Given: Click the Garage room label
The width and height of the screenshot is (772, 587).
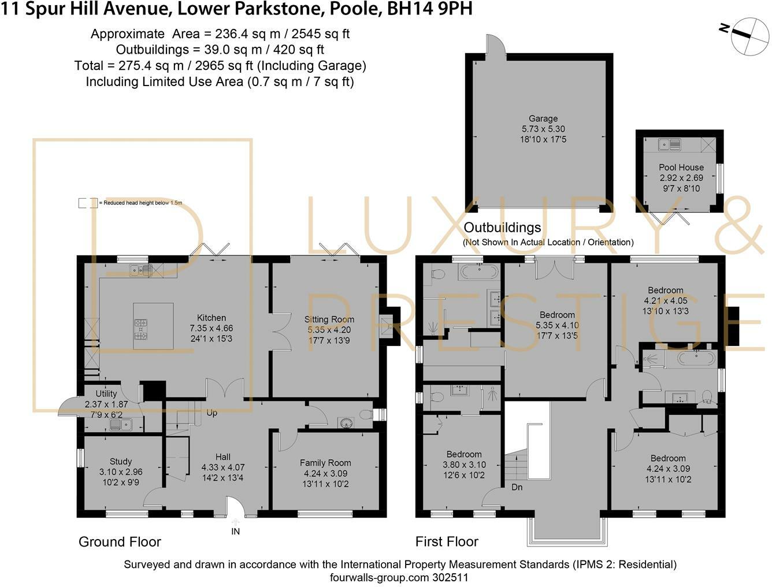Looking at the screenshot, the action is [543, 118].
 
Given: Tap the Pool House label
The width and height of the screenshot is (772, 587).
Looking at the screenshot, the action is [681, 168].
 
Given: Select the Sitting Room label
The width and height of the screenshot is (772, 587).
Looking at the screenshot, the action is [329, 319].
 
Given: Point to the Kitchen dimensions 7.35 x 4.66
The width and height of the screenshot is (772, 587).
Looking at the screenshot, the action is [211, 328].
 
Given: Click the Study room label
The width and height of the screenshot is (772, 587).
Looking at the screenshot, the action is [121, 462].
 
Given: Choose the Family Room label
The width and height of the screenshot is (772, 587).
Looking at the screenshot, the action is [325, 463].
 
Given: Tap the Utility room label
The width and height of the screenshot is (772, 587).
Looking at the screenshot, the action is [106, 393].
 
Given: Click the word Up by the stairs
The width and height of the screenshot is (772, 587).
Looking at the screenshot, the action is [211, 413].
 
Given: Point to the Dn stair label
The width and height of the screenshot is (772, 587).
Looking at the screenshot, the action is [517, 487].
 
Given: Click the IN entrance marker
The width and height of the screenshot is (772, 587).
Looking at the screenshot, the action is [236, 532].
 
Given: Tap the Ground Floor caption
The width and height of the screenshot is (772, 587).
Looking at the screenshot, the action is [120, 542].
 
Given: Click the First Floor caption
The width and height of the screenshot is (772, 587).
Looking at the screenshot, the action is [447, 541].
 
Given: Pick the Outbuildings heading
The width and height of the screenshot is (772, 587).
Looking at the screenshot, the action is [502, 228].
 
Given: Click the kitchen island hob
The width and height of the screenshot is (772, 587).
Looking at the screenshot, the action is [140, 329].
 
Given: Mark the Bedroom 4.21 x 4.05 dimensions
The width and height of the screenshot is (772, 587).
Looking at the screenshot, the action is [666, 301].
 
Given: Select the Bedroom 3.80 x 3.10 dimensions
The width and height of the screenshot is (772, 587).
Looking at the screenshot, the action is [464, 465].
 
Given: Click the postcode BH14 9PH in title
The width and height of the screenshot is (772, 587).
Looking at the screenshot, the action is [429, 9].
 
